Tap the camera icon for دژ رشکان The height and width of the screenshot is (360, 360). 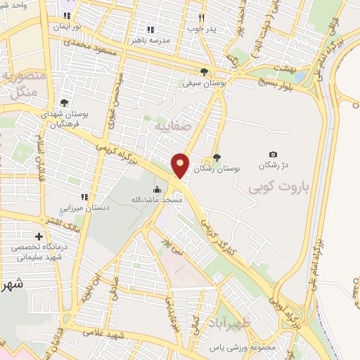click(x=273, y=155)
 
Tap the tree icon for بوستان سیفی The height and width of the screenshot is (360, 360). click(x=204, y=72)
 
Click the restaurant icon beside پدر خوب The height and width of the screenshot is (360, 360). click(x=201, y=18)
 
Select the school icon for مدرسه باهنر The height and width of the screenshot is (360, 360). click(x=150, y=30)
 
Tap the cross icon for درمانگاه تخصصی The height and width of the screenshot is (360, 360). click(x=39, y=236)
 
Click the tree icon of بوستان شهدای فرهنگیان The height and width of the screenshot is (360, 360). click(x=64, y=103)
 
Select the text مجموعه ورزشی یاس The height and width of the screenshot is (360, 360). click(x=243, y=348)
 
